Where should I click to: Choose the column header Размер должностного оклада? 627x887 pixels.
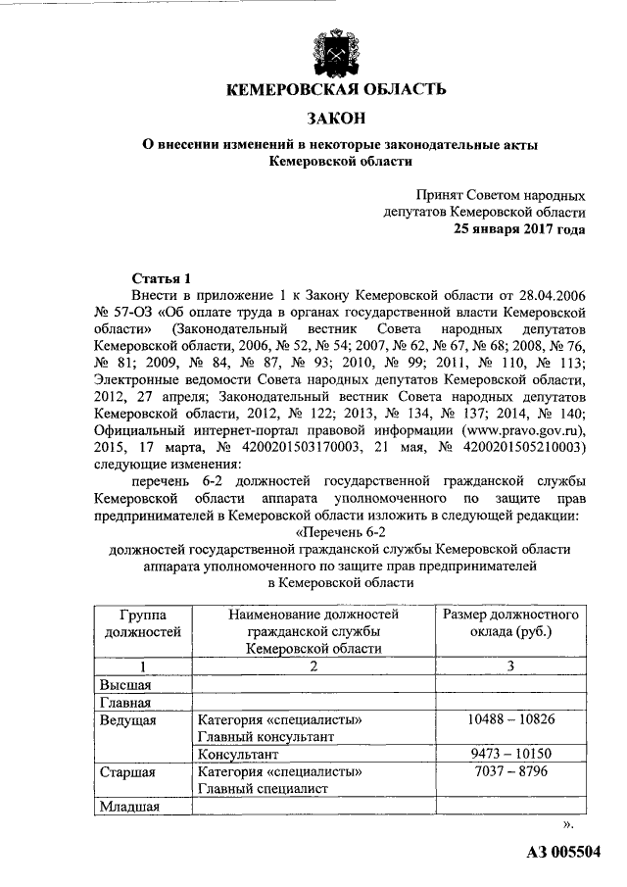[510, 622]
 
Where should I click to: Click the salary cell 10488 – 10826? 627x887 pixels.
[510, 719]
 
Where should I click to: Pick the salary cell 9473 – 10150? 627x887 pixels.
[510, 755]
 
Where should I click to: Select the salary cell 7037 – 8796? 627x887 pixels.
[510, 772]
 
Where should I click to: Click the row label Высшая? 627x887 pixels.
[124, 684]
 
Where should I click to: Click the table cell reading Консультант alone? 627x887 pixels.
[238, 756]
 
